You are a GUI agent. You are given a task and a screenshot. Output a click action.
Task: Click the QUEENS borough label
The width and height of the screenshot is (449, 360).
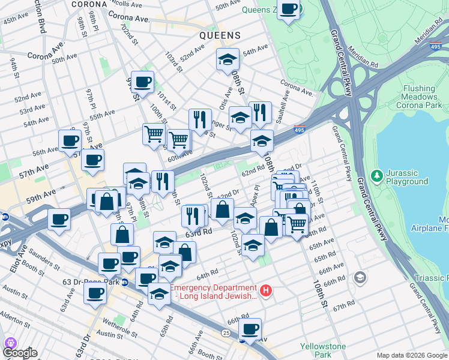220,35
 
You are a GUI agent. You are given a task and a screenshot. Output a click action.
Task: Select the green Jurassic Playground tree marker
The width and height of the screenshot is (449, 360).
377,176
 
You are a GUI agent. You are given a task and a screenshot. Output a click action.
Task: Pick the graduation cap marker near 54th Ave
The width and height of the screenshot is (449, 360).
228,59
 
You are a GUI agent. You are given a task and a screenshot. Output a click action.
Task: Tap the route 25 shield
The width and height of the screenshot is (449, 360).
226,332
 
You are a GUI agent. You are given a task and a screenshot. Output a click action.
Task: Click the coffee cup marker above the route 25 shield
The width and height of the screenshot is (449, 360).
250,329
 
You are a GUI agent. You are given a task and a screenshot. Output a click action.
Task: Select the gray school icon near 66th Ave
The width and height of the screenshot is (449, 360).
360,277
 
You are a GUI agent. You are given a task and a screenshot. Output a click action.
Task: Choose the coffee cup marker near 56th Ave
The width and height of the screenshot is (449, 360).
70,141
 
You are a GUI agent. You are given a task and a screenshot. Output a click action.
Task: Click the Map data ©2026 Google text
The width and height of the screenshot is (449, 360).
411,355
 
